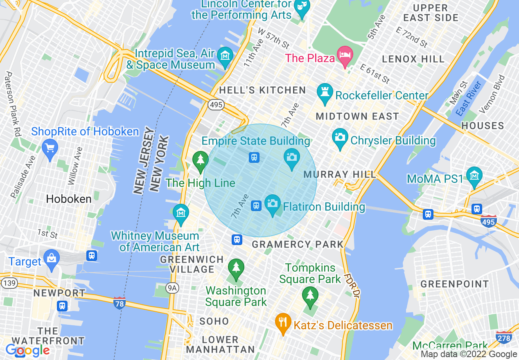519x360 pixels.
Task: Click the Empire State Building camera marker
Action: click(291, 158)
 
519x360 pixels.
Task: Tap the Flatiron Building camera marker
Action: click(272, 204)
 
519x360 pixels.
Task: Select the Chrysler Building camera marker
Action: click(340, 138)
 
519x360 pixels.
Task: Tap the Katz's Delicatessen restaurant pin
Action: click(283, 323)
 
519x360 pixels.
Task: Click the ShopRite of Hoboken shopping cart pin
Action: click(50, 148)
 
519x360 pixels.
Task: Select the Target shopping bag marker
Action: click(52, 259)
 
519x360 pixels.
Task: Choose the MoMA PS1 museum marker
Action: click(474, 176)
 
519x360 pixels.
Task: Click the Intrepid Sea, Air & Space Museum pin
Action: click(225, 56)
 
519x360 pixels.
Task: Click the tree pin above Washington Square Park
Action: click(236, 268)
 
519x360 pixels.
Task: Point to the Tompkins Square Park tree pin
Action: click(310, 296)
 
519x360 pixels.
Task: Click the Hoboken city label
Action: click(69, 199)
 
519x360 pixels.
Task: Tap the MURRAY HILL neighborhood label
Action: click(340, 175)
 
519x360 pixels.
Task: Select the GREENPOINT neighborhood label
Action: click(455, 284)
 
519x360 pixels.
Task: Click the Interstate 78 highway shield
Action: click(120, 303)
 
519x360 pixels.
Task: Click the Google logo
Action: click(28, 351)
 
